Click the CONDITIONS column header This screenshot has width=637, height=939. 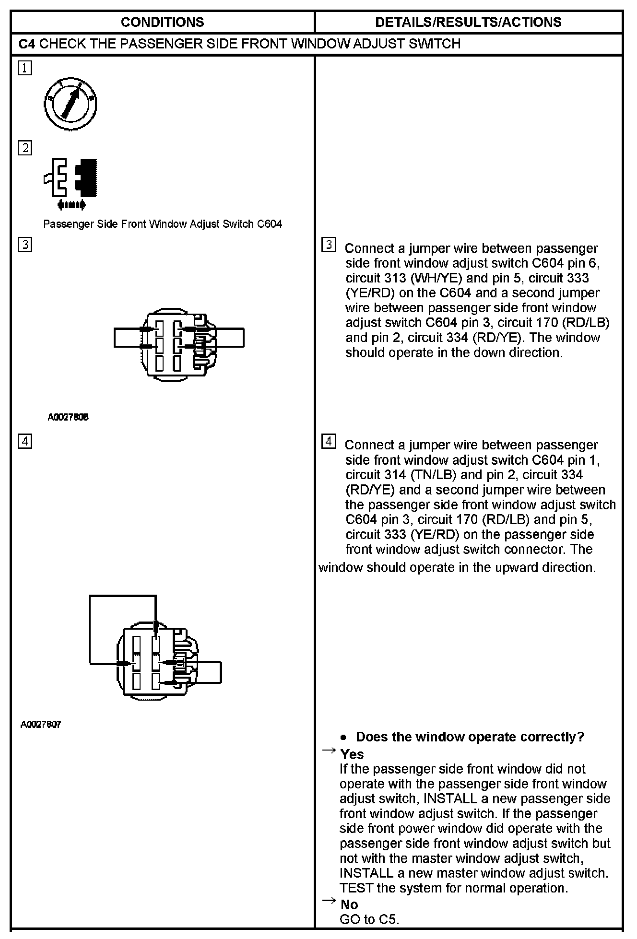click(162, 22)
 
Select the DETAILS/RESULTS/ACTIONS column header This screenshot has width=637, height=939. click(468, 22)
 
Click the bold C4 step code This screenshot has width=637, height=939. click(27, 44)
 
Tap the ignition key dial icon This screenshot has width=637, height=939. click(70, 103)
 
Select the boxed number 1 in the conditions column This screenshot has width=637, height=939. click(25, 68)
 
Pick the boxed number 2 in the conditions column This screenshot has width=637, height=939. click(25, 148)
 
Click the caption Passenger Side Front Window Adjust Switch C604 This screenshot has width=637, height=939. click(163, 224)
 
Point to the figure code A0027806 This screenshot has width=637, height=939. click(68, 417)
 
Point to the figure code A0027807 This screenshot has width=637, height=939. click(41, 724)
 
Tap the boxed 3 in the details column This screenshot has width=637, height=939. click(328, 245)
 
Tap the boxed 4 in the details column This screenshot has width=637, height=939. click(328, 441)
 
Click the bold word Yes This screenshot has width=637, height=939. click(352, 754)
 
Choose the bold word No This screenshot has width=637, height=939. click(349, 904)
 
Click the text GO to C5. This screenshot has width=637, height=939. click(369, 919)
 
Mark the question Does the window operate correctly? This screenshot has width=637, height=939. click(470, 737)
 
